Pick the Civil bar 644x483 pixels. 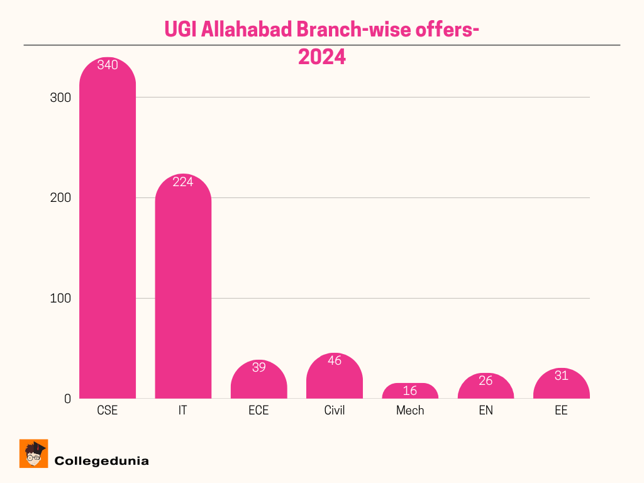tap(334, 380)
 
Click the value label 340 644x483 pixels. tap(108, 65)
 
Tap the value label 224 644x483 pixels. tap(183, 182)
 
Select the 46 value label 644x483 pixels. tap(334, 361)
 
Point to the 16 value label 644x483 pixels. tap(410, 391)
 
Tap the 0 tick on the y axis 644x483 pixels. tap(67, 399)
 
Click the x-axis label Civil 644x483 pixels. tap(334, 411)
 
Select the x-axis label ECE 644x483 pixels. tap(258, 411)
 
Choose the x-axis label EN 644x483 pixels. tap(486, 411)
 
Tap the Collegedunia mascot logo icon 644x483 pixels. tap(34, 453)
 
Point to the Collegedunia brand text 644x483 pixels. tap(102, 461)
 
